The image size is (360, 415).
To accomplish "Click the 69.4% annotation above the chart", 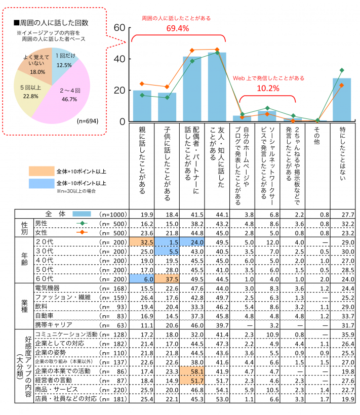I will coord(178,28).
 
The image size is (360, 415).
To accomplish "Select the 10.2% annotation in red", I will coord(268,88).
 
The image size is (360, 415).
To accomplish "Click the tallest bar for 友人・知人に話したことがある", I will coord(217,87).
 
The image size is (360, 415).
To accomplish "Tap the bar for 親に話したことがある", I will coord(142,106).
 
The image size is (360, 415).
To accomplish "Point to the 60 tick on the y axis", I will coord(119,28).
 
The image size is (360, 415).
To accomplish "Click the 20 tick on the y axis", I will coord(119,91).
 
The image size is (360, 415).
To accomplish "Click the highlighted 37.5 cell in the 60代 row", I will coord(167,278).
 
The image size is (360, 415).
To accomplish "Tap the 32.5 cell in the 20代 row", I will coord(142,241).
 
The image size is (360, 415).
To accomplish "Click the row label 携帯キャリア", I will coord(53,324).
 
